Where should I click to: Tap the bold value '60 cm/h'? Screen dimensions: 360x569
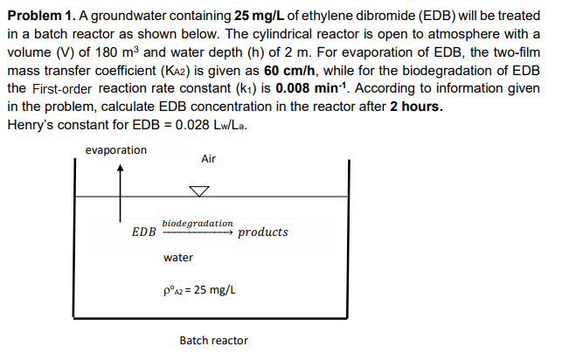tap(287, 69)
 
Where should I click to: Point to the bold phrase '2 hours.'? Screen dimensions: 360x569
tap(417, 107)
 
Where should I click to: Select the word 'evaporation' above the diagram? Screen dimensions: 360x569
tap(116, 150)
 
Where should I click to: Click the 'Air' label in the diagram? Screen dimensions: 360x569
tap(208, 159)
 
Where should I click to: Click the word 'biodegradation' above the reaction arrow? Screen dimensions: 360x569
tap(198, 224)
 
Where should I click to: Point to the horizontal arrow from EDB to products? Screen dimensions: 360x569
tap(198, 233)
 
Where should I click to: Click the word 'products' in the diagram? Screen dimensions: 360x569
tap(262, 232)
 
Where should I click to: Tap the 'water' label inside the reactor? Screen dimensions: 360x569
tap(178, 258)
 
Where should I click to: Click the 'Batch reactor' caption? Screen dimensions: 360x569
tap(213, 340)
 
